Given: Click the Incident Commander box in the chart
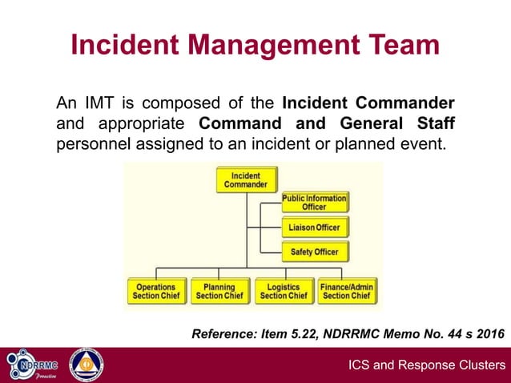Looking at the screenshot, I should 247,179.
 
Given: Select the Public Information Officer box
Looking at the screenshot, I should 314,202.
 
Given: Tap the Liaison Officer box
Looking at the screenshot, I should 314,228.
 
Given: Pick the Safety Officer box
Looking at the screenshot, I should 314,252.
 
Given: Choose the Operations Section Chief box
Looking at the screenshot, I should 155,291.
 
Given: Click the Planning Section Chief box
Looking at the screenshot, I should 219,291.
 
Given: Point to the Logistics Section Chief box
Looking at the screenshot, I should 283,291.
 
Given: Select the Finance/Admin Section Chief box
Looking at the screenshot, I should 347,291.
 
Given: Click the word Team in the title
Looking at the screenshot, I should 402,45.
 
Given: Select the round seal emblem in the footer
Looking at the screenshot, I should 86,365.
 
